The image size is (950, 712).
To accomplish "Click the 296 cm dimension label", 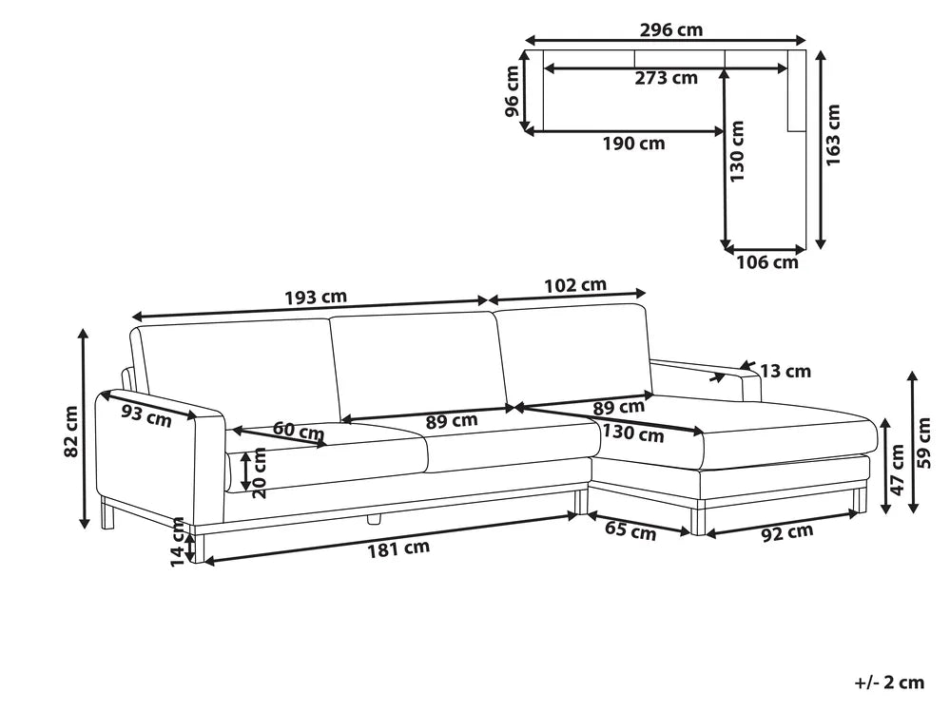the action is click(671, 29).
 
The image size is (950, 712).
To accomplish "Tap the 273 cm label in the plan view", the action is click(666, 78).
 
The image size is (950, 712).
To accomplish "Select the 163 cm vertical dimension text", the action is click(833, 135).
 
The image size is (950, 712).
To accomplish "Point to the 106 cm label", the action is click(767, 262).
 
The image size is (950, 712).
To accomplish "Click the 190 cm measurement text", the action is click(633, 144).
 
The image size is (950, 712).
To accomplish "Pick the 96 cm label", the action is click(512, 91).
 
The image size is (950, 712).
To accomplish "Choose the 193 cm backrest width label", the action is click(316, 298).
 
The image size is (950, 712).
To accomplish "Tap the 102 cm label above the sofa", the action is click(575, 284).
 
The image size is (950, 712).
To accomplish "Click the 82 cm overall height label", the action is click(71, 432).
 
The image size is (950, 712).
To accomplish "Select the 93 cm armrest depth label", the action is click(146, 415).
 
